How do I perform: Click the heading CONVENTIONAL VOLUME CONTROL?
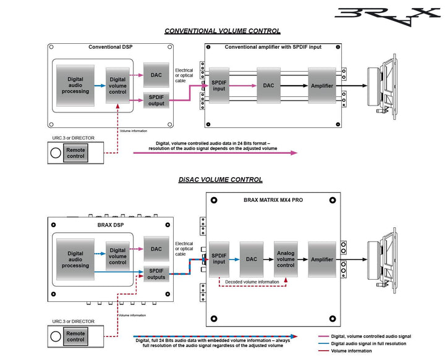tap(222, 31)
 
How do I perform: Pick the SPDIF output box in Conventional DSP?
tap(156, 99)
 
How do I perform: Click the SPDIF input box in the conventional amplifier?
tap(219, 86)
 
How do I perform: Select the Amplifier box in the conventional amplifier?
tap(322, 86)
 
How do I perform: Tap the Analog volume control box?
tap(286, 260)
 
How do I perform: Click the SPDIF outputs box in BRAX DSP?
tap(156, 273)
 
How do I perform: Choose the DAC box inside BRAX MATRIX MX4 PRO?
tap(251, 260)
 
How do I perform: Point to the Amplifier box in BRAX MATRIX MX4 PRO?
tap(322, 260)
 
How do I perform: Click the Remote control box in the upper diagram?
tap(75, 152)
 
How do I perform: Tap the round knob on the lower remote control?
tap(56, 336)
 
